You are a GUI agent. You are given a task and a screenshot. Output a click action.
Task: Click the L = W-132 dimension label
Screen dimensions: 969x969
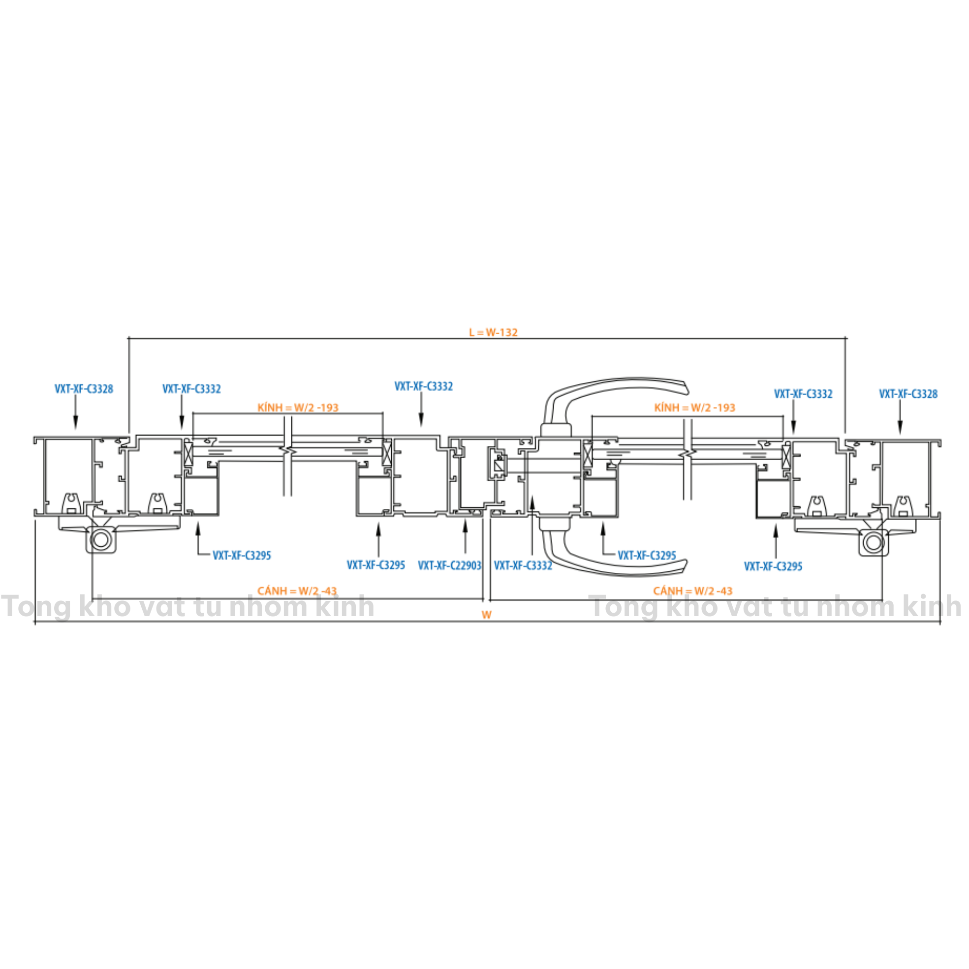[x=493, y=332]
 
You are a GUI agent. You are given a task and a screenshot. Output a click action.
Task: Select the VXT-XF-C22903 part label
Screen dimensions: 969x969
[x=449, y=565]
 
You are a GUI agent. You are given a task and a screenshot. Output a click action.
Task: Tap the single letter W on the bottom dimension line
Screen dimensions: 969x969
[x=487, y=615]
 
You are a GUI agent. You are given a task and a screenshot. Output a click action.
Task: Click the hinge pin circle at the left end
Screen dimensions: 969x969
[x=101, y=540]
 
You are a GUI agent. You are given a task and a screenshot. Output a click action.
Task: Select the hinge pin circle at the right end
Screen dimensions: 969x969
[x=873, y=543]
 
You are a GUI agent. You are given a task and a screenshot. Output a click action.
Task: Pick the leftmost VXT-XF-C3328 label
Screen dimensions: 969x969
[x=84, y=389]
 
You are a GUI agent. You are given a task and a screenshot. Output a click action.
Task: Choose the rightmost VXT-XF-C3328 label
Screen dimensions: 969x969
[x=908, y=394]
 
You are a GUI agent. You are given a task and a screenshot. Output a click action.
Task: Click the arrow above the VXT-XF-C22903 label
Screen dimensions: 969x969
[x=465, y=535]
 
